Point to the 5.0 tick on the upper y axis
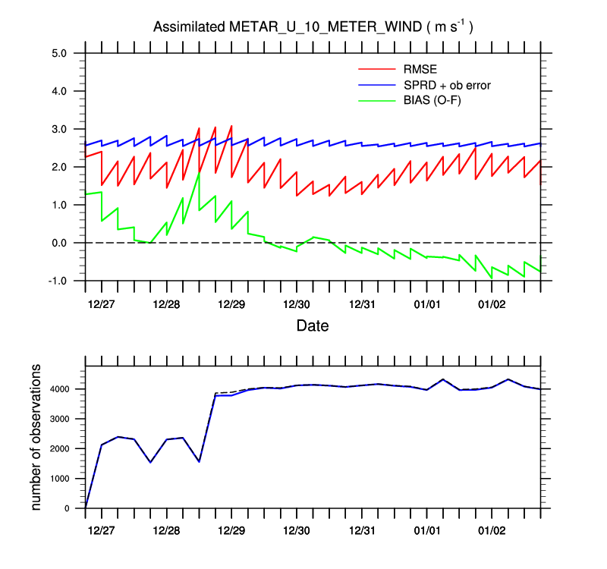point(60,53)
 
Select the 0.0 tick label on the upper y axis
point(60,243)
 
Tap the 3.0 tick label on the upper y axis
point(60,129)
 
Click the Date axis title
point(312,326)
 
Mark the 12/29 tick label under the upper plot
point(231,303)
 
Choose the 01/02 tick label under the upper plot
point(492,303)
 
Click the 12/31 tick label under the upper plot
point(362,303)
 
